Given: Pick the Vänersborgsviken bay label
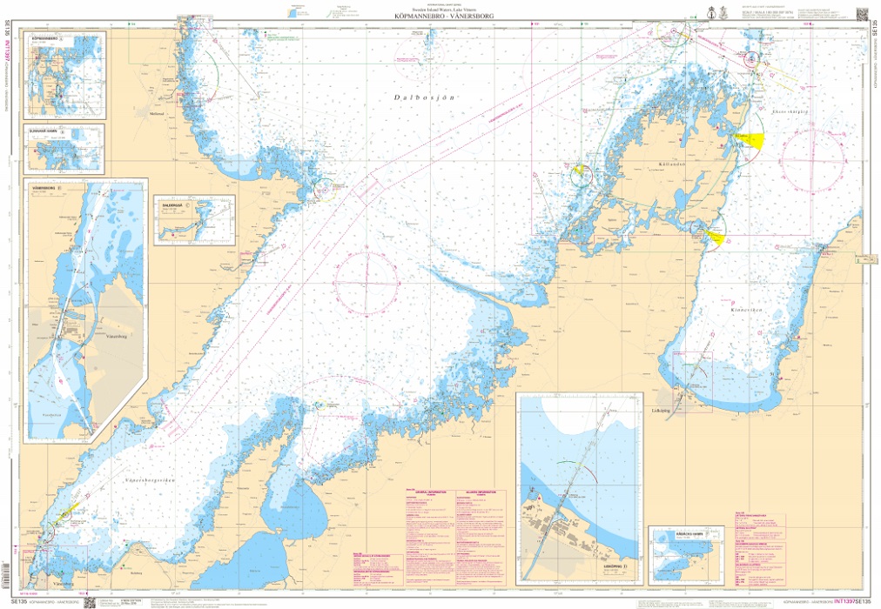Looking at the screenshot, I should tap(151, 478).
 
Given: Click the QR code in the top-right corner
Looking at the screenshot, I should tap(862, 12).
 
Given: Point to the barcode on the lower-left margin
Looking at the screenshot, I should tap(7, 575).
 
